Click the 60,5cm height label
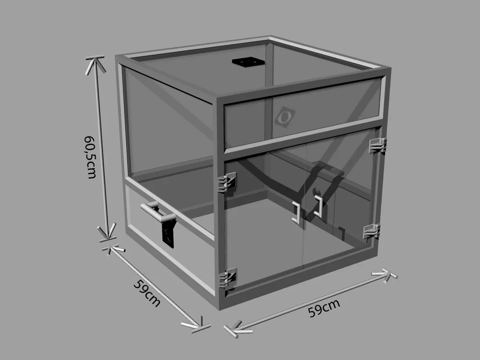coord(91,157)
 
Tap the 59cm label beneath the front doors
coord(324,308)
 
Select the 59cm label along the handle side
coord(147,293)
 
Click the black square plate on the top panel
coord(248,61)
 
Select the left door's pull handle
coord(296,212)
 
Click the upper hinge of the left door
coord(227,182)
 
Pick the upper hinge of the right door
coord(378,145)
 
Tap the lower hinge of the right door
coord(372,231)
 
